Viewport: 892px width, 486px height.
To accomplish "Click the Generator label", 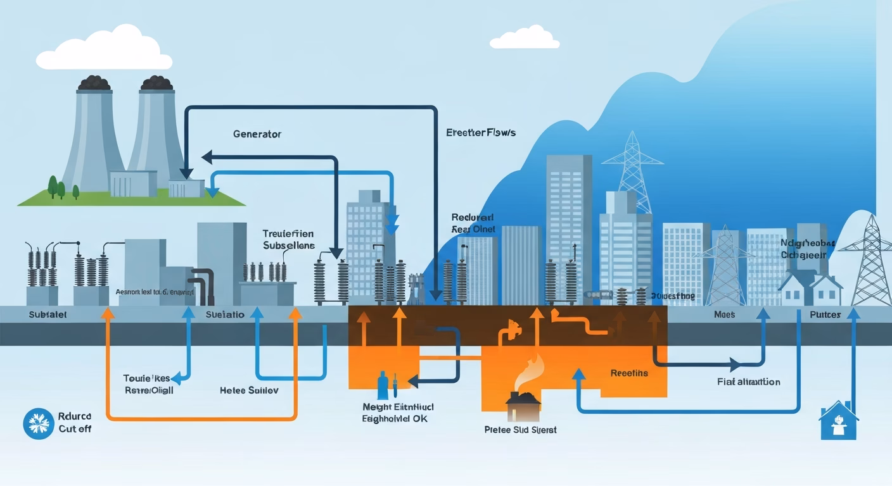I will pyautogui.click(x=257, y=134).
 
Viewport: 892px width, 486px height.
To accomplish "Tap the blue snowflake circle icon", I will pyautogui.click(x=38, y=423).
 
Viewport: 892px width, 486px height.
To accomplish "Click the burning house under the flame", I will pyautogui.click(x=523, y=407).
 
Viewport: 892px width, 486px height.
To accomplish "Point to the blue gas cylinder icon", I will pyautogui.click(x=382, y=384).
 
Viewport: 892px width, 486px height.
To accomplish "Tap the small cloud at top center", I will pyautogui.click(x=525, y=37).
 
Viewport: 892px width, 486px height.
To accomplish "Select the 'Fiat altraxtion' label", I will pyautogui.click(x=748, y=382).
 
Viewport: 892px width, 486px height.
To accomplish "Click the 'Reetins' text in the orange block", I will pyautogui.click(x=629, y=373).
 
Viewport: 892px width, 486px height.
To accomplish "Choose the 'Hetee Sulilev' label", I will pyautogui.click(x=249, y=390).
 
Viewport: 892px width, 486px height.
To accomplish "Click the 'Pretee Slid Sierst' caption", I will pyautogui.click(x=519, y=430).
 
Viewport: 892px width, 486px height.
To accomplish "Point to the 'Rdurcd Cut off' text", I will pyautogui.click(x=75, y=423).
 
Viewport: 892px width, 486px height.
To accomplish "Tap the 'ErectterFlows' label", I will pyautogui.click(x=480, y=133).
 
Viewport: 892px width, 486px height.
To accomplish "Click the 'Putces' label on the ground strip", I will pyautogui.click(x=825, y=315).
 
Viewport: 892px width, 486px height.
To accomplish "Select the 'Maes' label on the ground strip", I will pyautogui.click(x=724, y=315).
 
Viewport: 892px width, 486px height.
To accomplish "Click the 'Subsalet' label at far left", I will pyautogui.click(x=48, y=315).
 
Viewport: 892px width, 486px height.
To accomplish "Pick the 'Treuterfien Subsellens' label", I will pyautogui.click(x=288, y=239).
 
